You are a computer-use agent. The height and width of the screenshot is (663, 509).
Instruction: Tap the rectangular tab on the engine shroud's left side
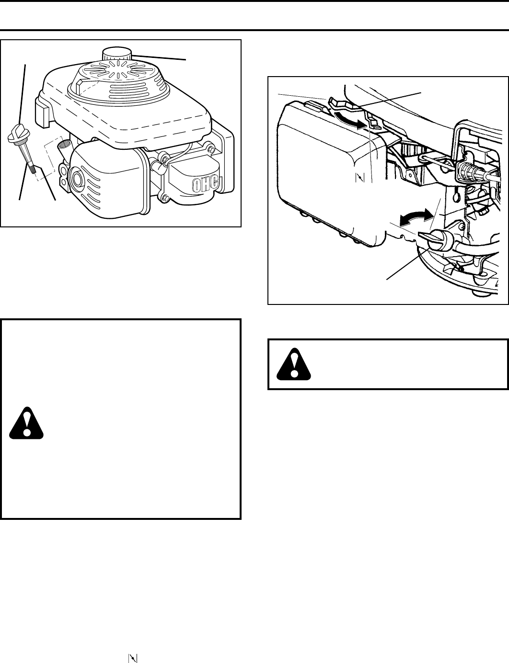click(x=43, y=108)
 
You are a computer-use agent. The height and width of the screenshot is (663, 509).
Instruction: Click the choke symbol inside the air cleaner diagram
click(x=360, y=178)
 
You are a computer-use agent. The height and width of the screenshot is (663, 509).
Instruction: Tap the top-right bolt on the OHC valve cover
click(x=207, y=146)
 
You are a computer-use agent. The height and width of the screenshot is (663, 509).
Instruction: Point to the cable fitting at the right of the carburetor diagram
click(x=467, y=170)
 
